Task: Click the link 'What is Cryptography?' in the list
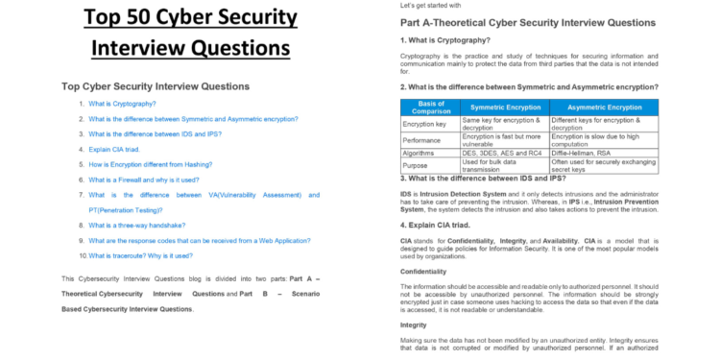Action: coord(122,103)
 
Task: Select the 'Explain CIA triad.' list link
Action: coord(115,149)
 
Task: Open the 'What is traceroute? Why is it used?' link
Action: coord(140,255)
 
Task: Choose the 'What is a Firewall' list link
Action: coord(144,180)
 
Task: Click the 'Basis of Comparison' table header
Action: coord(429,107)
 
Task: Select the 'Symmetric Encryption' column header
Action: coord(504,107)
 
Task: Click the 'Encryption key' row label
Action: coord(424,124)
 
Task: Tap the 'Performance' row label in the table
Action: coord(421,139)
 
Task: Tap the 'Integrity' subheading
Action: coord(414,324)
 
